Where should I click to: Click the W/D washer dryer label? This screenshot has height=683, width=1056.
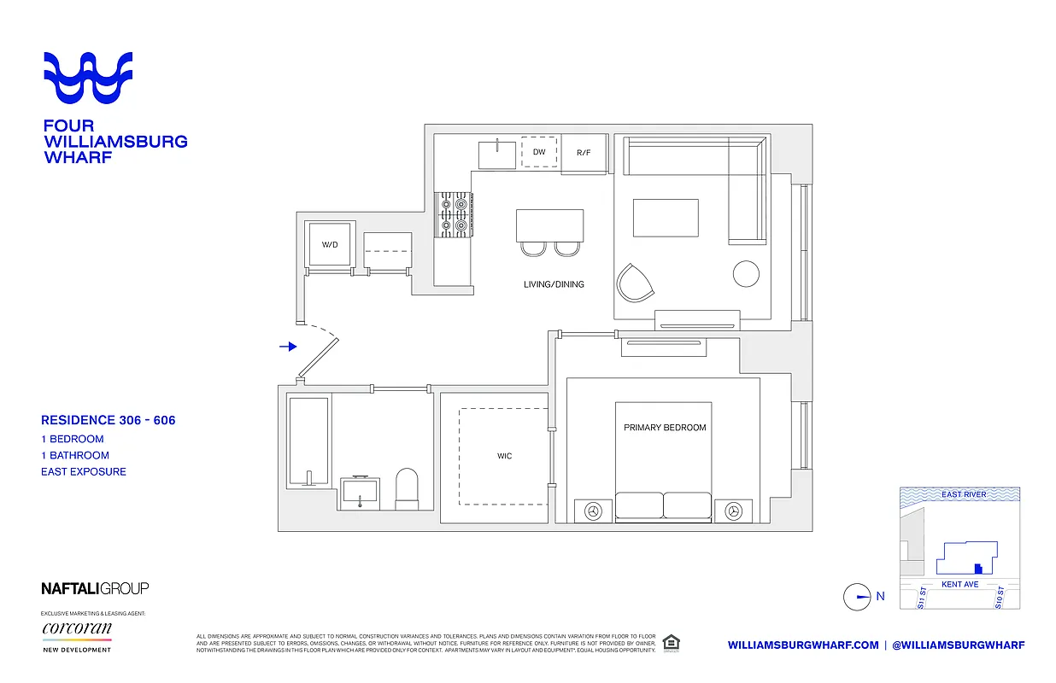pos(330,245)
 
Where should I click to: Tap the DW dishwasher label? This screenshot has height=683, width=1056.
pos(539,152)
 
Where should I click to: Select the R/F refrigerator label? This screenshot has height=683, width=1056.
pos(584,153)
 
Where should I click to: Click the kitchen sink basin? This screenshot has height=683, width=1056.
pos(496,155)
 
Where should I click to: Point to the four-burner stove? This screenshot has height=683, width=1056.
pos(453,214)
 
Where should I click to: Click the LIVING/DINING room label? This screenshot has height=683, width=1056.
pos(554,284)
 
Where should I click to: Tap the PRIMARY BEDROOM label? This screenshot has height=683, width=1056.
pos(665,428)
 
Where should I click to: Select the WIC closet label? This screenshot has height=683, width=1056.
pos(505,456)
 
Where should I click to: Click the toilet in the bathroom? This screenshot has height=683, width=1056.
pos(406,487)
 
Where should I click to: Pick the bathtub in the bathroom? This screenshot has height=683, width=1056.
pos(308,441)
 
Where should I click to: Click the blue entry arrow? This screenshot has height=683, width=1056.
pos(288,347)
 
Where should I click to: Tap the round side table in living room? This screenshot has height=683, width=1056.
pos(746,274)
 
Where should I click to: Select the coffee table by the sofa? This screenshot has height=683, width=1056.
pos(666,218)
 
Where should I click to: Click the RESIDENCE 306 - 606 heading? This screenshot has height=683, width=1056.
pos(109,420)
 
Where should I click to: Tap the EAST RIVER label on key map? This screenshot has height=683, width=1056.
pos(964,494)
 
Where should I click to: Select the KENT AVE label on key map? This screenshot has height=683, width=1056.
pos(959,585)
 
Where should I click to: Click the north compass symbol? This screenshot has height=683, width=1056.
pos(857,597)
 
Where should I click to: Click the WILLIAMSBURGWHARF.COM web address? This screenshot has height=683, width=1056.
pos(803,645)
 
